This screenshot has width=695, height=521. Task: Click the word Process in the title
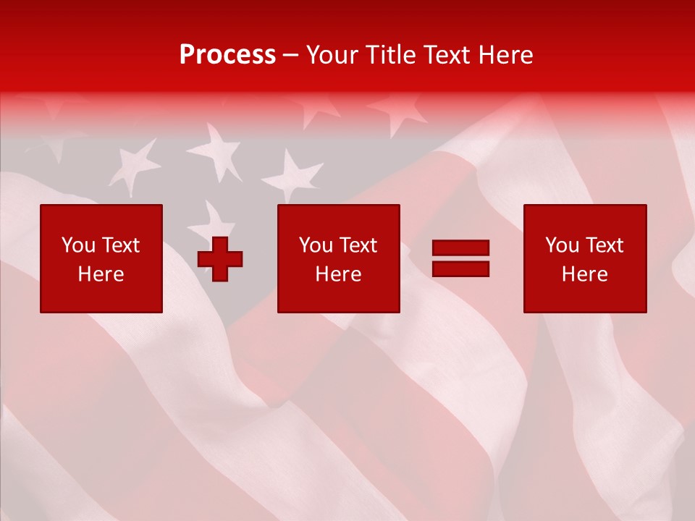point(227,55)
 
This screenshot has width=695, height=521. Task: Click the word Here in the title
point(506,55)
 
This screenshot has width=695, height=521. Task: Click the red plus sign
point(220,258)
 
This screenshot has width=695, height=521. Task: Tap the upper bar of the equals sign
point(460,248)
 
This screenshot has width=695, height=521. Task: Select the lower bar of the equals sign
point(460,268)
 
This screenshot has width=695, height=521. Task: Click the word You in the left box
point(77,245)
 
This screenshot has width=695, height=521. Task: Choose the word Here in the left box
point(101,274)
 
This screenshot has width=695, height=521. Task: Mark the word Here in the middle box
point(338,274)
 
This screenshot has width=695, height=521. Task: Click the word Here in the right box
point(584,274)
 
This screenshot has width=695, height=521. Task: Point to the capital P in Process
point(188,55)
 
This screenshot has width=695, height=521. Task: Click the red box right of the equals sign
point(585,297)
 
